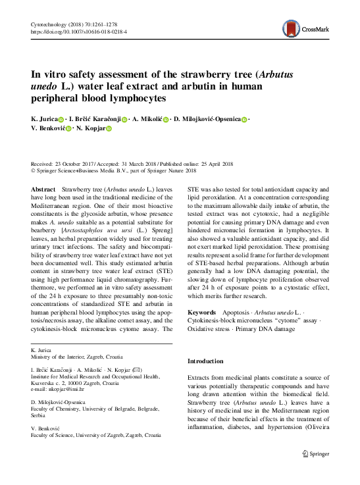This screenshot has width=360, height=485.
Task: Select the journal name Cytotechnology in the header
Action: point(49,24)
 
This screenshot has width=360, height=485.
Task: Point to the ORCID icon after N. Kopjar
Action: point(109,130)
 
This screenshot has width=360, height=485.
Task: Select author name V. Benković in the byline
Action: point(47,130)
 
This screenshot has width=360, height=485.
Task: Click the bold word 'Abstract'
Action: point(43,189)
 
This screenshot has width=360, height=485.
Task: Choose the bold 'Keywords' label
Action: point(202,311)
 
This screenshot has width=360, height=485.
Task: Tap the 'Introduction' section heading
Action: point(205,361)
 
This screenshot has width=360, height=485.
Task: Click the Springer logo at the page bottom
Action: point(315,471)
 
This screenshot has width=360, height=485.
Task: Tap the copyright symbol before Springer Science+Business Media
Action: point(34,170)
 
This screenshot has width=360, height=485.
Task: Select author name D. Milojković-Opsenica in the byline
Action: point(205,119)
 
